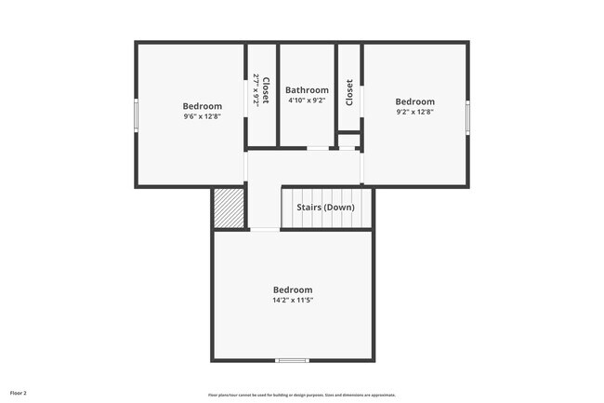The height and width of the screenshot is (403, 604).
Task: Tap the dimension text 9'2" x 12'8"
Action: point(414,112)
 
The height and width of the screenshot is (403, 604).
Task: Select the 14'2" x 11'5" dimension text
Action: point(292,301)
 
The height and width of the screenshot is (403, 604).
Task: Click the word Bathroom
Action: point(307,90)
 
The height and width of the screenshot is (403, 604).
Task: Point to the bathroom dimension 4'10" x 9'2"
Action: point(307,101)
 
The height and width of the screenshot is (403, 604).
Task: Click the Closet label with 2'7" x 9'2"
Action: point(261,90)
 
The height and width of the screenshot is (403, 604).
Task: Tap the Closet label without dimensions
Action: point(349,92)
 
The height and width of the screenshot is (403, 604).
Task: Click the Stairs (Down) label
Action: point(325,207)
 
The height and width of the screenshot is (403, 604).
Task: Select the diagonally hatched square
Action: point(229,208)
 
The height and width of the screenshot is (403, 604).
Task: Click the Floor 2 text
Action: point(19,393)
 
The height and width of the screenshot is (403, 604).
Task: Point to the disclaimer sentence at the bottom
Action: point(301,394)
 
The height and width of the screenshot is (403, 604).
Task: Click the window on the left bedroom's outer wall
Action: point(137,115)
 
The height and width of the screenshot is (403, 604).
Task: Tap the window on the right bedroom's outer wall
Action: point(467,115)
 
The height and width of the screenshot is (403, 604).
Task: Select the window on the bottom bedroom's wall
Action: point(292,360)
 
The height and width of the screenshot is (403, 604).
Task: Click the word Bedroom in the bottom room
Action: point(292,289)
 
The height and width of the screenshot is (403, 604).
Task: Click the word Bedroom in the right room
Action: point(414,101)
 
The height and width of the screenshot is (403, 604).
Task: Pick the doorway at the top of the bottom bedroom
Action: point(265,229)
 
